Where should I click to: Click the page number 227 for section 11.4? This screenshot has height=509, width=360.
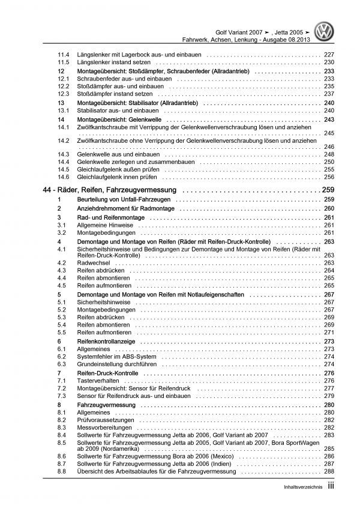[329, 55]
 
